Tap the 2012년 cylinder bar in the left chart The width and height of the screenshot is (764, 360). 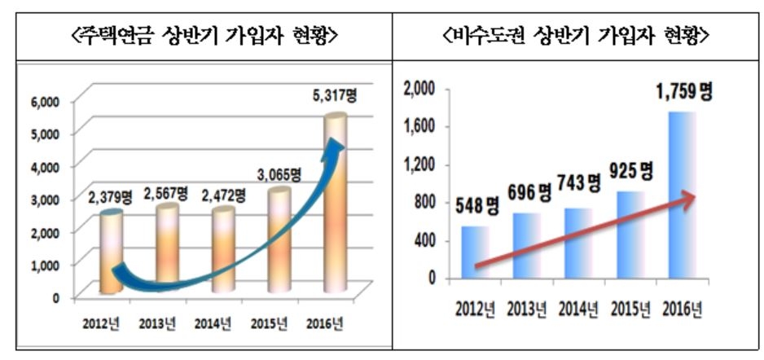(x=112, y=252)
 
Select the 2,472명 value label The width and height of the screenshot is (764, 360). (x=223, y=195)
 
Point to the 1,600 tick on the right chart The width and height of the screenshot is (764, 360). (x=421, y=125)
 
